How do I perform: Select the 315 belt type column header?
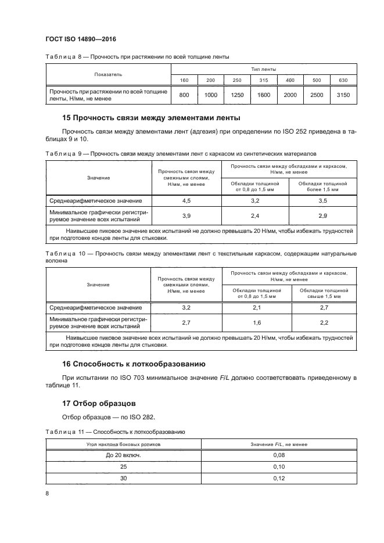[263, 80]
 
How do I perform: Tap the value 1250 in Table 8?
[236, 95]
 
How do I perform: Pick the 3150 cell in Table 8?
[343, 95]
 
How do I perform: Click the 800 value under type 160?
[184, 95]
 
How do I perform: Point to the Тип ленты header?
[263, 69]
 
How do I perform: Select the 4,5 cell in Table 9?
[186, 201]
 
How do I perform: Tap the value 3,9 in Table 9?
[186, 216]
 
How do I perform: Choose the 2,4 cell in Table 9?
[254, 216]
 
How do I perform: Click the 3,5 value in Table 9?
[322, 201]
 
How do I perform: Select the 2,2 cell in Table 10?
[324, 322]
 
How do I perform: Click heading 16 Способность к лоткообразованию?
[134, 364]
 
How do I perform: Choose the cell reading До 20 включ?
[123, 455]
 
